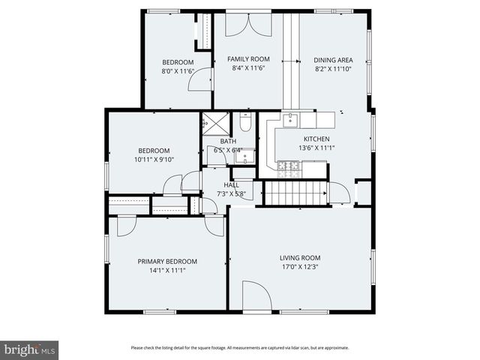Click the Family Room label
point(250,58)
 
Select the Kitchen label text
point(316,139)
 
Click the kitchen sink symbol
point(289,120)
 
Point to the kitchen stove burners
point(288,167)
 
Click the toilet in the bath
point(245,124)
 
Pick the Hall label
point(231,185)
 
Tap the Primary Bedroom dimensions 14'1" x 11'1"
point(167,271)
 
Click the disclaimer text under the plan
point(239,347)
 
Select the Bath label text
point(228,141)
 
